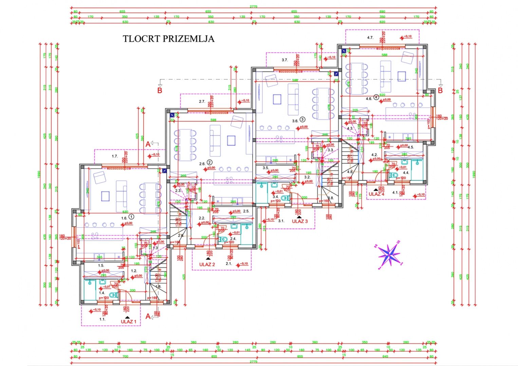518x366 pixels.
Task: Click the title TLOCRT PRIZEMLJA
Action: tap(168, 39)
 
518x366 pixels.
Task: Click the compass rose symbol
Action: tap(389, 254)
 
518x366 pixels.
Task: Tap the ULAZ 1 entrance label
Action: tap(129, 322)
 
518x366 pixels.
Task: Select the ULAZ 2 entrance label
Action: tap(207, 264)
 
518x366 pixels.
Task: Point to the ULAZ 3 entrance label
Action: tap(300, 221)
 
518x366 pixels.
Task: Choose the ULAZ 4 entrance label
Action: tap(376, 194)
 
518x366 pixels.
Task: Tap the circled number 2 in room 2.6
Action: tap(209, 163)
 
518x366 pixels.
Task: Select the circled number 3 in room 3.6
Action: tap(302, 119)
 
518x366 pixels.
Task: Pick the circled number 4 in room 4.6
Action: tap(376, 97)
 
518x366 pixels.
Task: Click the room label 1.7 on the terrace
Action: tap(115, 156)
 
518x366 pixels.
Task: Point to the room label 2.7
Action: tap(202, 101)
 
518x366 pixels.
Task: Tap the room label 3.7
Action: tap(284, 60)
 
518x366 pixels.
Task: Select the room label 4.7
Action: tap(370, 38)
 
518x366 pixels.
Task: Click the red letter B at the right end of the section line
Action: tap(440, 90)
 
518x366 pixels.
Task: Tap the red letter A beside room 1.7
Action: tap(148, 144)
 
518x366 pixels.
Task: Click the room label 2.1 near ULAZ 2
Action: tap(228, 263)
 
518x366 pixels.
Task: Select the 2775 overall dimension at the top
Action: tap(253, 6)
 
